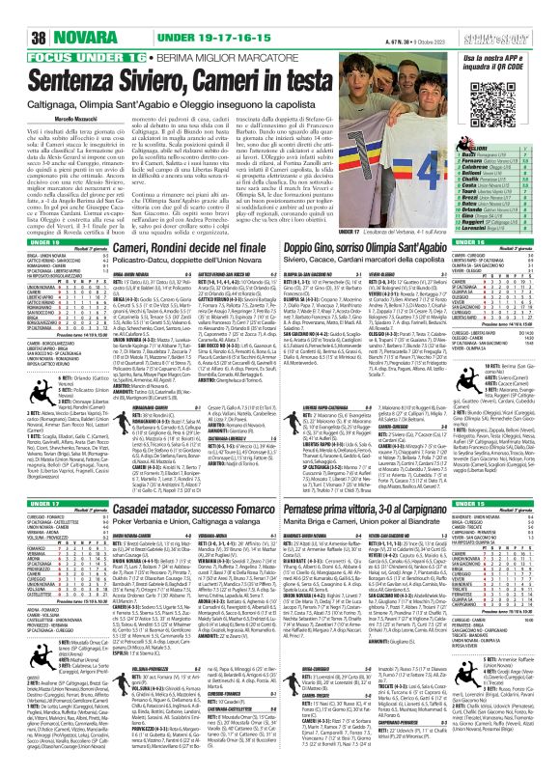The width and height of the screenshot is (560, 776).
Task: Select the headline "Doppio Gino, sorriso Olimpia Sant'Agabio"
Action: [340, 248]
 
